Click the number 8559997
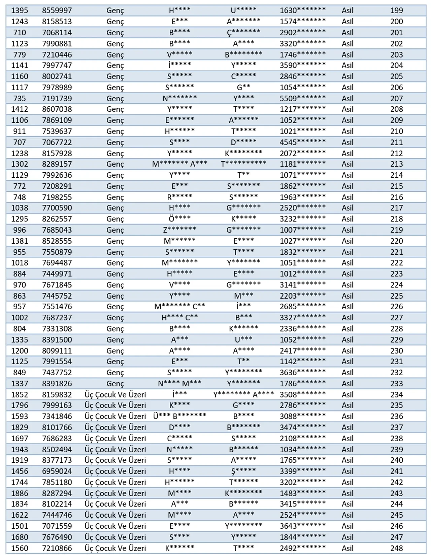tap(57, 10)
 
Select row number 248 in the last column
tap(396, 548)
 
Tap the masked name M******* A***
tap(179, 164)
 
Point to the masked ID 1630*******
tap(302, 10)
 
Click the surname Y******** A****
tap(243, 394)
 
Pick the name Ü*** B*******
tap(179, 416)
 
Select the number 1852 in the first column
tap(20, 394)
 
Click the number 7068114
tap(57, 33)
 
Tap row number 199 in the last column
tap(396, 10)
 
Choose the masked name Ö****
tap(179, 219)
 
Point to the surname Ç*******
tap(243, 33)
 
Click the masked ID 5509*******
tap(302, 99)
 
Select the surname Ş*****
tap(243, 471)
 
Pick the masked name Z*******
tap(179, 230)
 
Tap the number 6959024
tap(57, 471)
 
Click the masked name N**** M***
tap(179, 384)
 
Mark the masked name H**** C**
tap(179, 318)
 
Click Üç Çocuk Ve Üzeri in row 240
tap(115, 460)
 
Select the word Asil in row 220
tap(347, 241)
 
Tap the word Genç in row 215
tap(115, 186)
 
